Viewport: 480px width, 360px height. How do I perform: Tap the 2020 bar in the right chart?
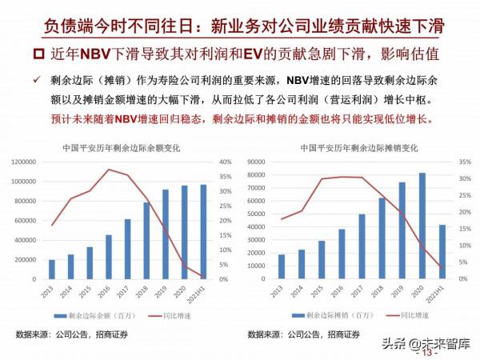(422, 226)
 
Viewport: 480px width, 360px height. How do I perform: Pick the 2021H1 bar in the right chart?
(443, 251)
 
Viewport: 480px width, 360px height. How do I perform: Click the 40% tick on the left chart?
(226, 162)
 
